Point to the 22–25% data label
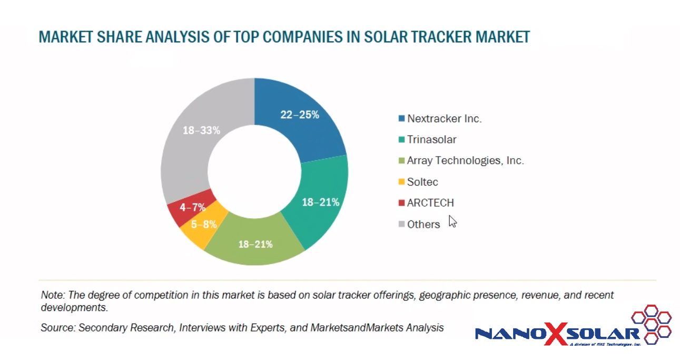coord(300,114)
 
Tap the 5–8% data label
coord(204,224)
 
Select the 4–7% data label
coord(192,207)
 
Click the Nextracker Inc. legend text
coord(444,119)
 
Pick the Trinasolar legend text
coord(431,140)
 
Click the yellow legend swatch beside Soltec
coord(402,182)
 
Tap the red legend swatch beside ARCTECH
coord(402,203)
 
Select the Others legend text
coord(423,224)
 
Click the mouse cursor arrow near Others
coord(452,221)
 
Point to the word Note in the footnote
coord(51,295)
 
